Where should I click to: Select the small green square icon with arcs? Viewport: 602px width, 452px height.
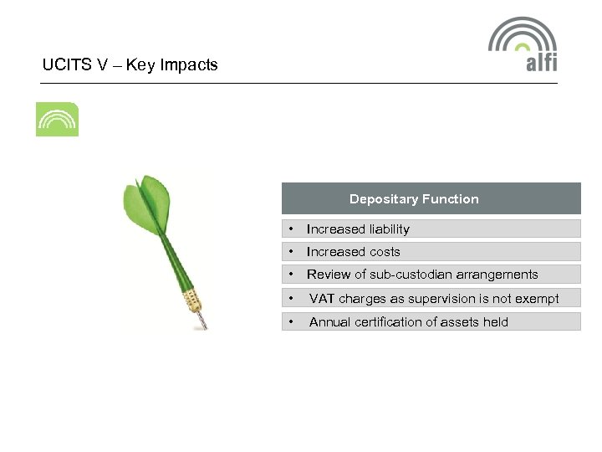click(x=57, y=120)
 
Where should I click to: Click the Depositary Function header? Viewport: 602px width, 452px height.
click(x=414, y=199)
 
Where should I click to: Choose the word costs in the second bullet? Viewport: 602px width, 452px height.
click(x=383, y=252)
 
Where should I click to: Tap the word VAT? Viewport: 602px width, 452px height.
click(x=322, y=299)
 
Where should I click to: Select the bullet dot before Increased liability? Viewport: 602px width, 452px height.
click(x=289, y=229)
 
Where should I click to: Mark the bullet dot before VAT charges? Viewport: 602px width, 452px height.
click(x=289, y=299)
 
